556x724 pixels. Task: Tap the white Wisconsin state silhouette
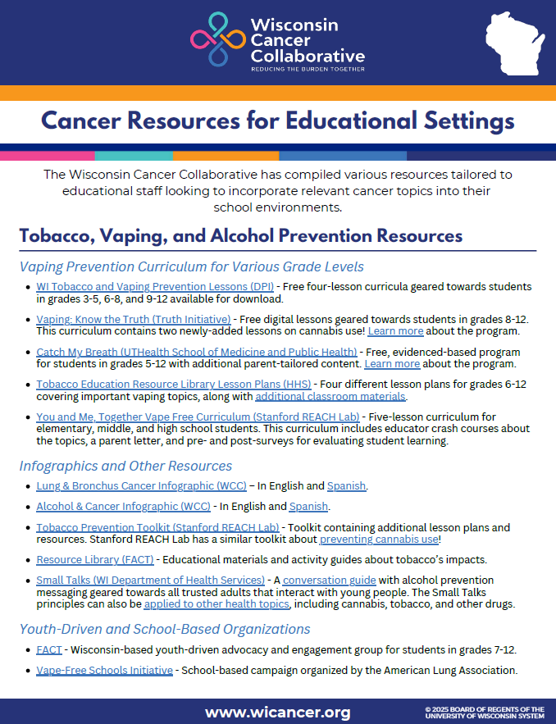click(x=514, y=42)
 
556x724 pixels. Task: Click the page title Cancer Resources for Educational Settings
click(x=277, y=121)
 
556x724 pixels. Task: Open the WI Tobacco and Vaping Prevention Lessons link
click(x=155, y=287)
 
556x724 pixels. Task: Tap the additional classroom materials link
click(x=330, y=396)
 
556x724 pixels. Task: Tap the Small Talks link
click(x=150, y=581)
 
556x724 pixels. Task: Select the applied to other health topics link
click(x=216, y=604)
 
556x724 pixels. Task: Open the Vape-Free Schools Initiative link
click(x=104, y=670)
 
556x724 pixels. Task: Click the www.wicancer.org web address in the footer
click(x=277, y=712)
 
